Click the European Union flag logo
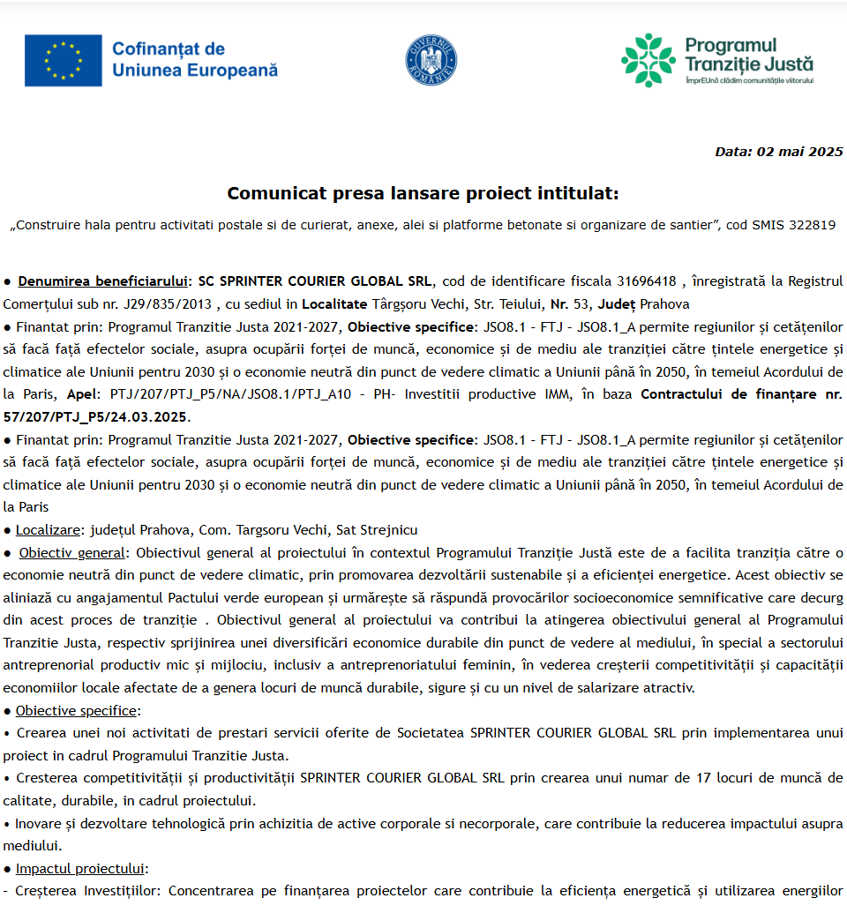pos(63,61)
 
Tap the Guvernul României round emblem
pos(431,61)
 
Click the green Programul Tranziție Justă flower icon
pos(648,60)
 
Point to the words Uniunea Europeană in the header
pos(195,70)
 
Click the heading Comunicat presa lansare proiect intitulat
pos(423,193)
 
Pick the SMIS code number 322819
pos(809,225)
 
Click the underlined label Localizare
pos(48,530)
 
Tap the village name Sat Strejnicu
pos(378,530)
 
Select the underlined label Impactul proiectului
pos(81,868)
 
